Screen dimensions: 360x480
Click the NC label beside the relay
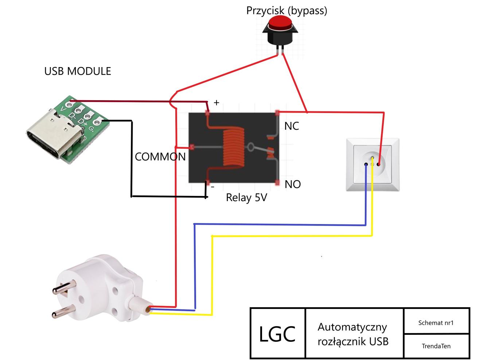click(292, 126)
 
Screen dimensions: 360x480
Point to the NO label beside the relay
click(293, 184)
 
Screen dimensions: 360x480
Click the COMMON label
click(160, 157)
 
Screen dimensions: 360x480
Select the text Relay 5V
click(246, 198)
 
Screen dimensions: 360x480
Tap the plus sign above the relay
click(216, 103)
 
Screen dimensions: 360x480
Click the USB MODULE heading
click(78, 71)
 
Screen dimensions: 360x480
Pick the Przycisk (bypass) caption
click(286, 10)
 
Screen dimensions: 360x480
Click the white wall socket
click(372, 164)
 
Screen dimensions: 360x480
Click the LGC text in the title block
click(277, 334)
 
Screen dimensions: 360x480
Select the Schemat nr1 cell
click(436, 322)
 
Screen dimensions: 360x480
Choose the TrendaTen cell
click(436, 346)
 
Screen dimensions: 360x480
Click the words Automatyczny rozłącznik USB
click(352, 334)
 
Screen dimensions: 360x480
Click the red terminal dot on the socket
click(379, 164)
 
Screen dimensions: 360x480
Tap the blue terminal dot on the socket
click(366, 165)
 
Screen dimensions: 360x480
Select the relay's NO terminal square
click(277, 183)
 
